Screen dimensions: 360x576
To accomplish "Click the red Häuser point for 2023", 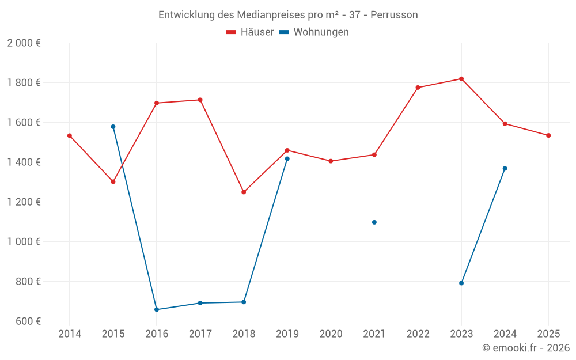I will tap(461, 79).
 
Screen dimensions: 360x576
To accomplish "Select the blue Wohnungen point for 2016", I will tap(157, 309).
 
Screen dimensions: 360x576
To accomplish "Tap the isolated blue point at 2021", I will tap(374, 222).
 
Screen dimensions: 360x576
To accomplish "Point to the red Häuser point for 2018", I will tap(244, 192).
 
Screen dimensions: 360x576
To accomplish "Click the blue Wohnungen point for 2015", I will tap(113, 127).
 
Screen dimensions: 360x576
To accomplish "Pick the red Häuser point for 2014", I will tap(70, 135).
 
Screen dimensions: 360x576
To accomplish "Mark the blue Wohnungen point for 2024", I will tap(505, 168).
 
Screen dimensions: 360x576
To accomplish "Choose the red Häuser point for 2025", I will tap(548, 135).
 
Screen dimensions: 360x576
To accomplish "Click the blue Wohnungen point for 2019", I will tap(287, 158).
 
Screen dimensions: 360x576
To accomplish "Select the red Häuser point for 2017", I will tap(200, 100).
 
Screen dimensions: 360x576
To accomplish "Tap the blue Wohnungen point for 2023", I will tap(461, 283).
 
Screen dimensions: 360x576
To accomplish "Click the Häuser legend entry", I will tap(250, 32).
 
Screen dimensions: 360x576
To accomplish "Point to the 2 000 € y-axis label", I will tap(24, 43).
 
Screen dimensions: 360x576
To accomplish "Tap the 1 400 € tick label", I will tap(24, 162).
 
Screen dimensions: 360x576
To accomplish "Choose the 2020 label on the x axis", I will tap(331, 334).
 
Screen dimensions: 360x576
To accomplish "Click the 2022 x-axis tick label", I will tap(418, 334).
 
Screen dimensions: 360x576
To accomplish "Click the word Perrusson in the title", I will tap(394, 15).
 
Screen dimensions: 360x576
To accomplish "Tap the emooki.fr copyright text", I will tap(525, 348).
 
